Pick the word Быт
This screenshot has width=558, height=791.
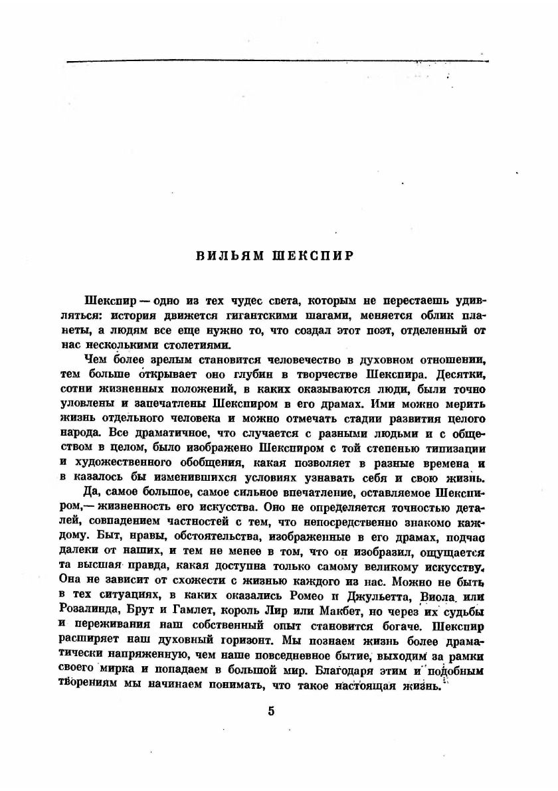coord(102,535)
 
